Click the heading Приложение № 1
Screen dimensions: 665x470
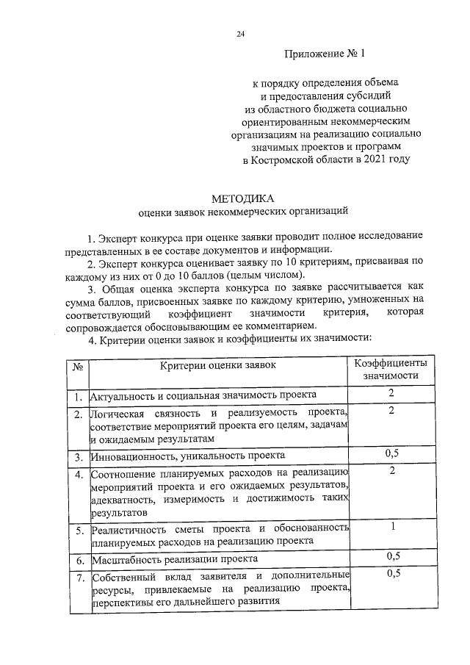pyautogui.click(x=323, y=54)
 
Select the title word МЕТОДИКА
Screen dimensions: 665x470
pyautogui.click(x=242, y=199)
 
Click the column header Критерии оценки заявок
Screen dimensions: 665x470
pyautogui.click(x=217, y=365)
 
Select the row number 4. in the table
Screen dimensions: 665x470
pyautogui.click(x=77, y=474)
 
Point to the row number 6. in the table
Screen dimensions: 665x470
pyautogui.click(x=77, y=560)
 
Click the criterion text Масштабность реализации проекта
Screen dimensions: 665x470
pyautogui.click(x=174, y=560)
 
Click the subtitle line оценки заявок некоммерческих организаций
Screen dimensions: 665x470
pyautogui.click(x=242, y=213)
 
